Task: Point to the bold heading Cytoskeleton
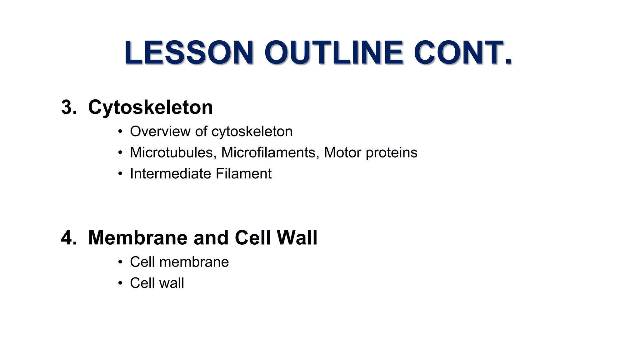150,107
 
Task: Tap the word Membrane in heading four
138,238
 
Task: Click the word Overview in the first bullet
160,131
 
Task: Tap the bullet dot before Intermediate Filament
120,174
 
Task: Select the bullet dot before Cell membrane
120,262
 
